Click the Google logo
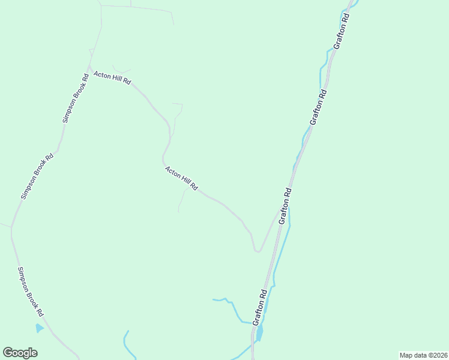pyautogui.click(x=20, y=353)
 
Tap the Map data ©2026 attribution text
pyautogui.click(x=424, y=355)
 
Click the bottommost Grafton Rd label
pyautogui.click(x=260, y=307)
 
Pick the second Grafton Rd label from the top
pyautogui.click(x=318, y=107)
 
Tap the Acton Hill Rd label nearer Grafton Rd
pyautogui.click(x=181, y=178)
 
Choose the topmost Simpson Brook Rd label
pyautogui.click(x=76, y=100)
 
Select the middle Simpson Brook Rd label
pyautogui.click(x=37, y=176)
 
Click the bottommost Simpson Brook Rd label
pyautogui.click(x=31, y=292)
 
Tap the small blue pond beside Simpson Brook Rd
pyautogui.click(x=39, y=328)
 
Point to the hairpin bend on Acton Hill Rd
pyautogui.click(x=257, y=251)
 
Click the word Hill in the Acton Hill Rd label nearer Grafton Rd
pyautogui.click(x=182, y=179)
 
